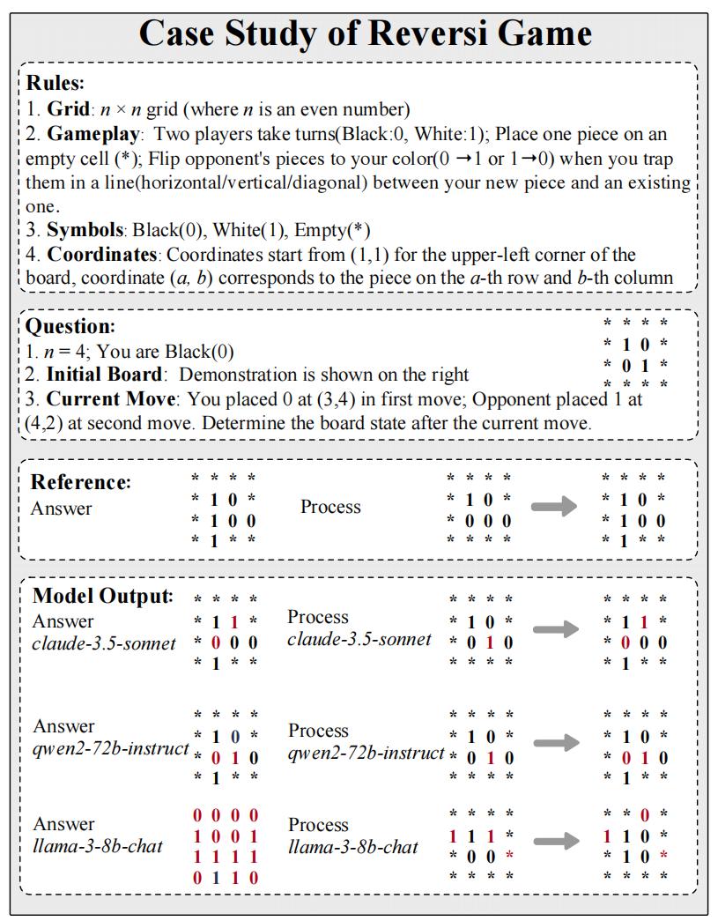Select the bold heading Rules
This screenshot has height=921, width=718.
coord(55,84)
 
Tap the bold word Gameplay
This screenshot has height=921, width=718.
coord(93,135)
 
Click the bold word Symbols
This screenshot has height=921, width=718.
coord(85,231)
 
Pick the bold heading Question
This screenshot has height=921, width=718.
coord(70,326)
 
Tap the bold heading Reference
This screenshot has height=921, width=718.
coord(80,482)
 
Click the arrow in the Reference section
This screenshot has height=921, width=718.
coord(555,507)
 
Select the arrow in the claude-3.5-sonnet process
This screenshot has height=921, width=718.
coord(556,629)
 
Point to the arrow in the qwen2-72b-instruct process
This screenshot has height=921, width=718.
coord(556,743)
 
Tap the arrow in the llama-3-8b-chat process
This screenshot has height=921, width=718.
coord(556,841)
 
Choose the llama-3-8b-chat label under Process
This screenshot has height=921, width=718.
coord(352,847)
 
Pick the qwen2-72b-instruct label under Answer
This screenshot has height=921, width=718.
coord(110,749)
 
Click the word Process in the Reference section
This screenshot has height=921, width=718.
coord(330,507)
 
